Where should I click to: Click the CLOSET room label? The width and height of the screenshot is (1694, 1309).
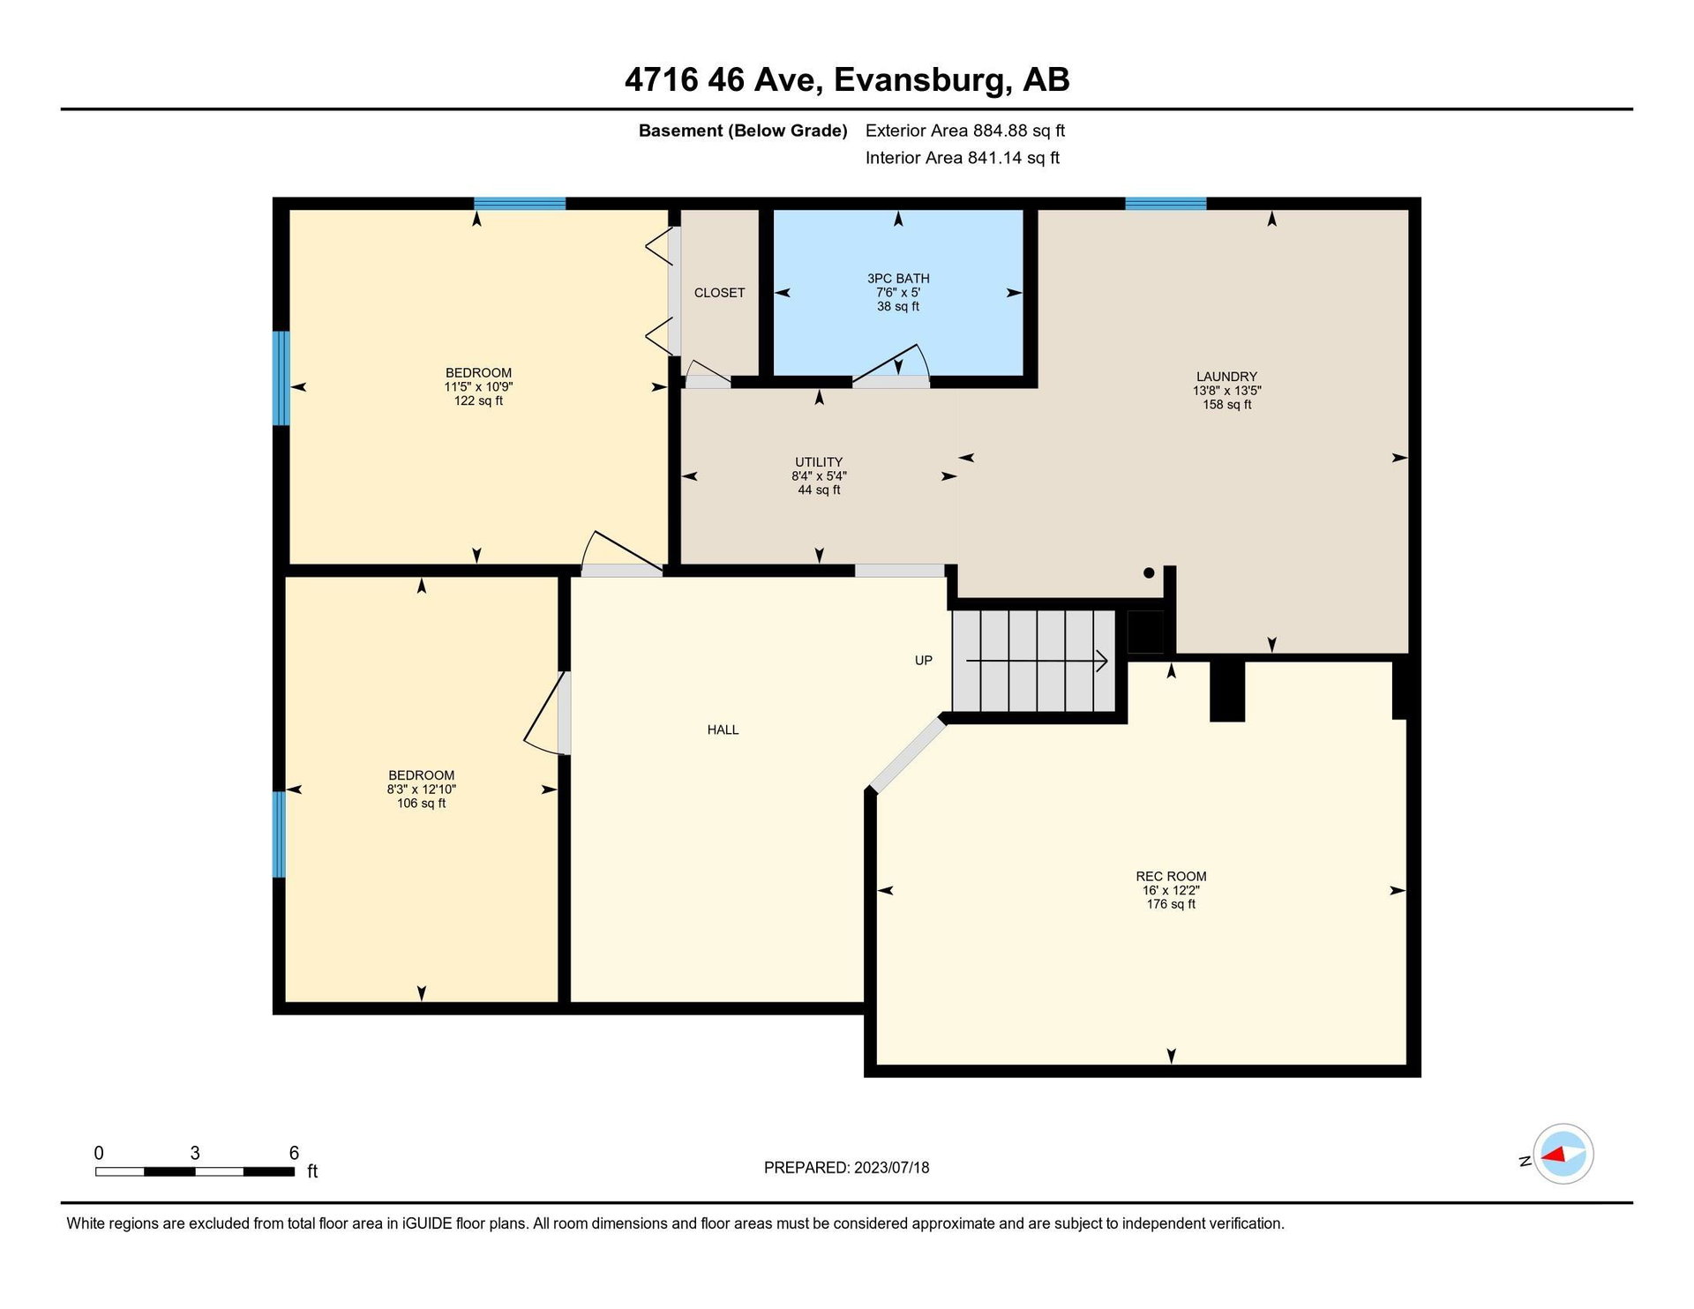(x=719, y=293)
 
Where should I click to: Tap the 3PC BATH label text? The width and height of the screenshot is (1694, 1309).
(x=898, y=279)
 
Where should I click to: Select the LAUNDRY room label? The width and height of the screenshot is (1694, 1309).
(x=1226, y=377)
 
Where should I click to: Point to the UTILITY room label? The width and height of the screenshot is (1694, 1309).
(x=819, y=462)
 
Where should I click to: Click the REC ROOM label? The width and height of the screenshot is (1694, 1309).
(x=1171, y=877)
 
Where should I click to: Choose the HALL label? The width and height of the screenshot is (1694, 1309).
(x=723, y=729)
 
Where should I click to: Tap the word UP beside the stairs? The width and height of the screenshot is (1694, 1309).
(x=923, y=661)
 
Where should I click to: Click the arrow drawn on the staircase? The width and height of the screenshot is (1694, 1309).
(x=1037, y=660)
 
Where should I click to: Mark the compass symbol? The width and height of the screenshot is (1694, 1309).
(x=1563, y=1154)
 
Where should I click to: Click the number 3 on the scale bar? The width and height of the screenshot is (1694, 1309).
(x=195, y=1153)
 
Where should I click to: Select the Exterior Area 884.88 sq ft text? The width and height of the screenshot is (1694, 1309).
(x=965, y=131)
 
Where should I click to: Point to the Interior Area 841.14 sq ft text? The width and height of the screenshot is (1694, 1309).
(x=963, y=158)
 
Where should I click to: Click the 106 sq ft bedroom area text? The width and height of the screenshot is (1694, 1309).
(x=421, y=804)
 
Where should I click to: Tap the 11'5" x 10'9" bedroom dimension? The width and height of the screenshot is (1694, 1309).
(x=478, y=386)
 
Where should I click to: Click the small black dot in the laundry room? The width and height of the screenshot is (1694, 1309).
(x=1149, y=572)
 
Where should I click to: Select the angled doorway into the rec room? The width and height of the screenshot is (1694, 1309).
(x=908, y=754)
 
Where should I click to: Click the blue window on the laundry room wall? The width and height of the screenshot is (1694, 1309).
(x=1166, y=204)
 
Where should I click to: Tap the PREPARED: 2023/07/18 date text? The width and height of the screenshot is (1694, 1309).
(x=846, y=1168)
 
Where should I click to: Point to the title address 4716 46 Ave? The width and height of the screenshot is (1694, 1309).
(x=724, y=80)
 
